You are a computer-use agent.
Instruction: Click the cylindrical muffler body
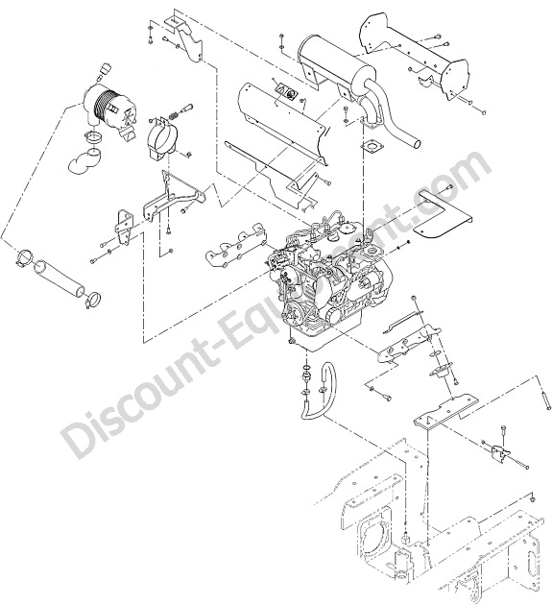tap(335, 61)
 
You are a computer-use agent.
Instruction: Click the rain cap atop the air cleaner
tap(105, 69)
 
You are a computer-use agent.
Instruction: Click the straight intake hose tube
tap(59, 277)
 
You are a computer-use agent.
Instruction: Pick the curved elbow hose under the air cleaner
tap(85, 159)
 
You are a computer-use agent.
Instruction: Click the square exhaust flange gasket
tap(371, 147)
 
